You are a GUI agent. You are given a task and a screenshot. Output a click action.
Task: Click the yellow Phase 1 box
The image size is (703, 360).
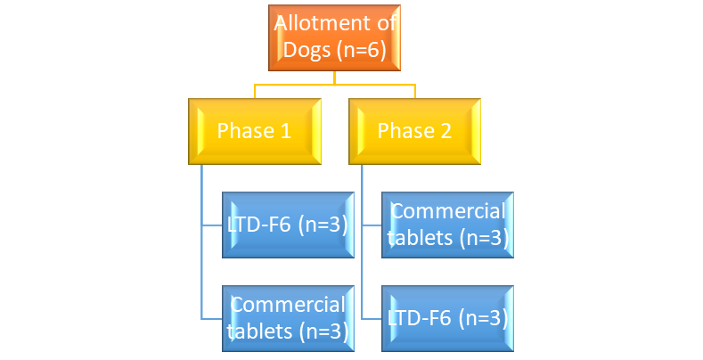coord(254,131)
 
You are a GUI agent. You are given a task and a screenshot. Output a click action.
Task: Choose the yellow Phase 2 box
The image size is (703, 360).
coord(414,131)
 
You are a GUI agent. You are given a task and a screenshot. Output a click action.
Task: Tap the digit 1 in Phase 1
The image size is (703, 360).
coord(286,131)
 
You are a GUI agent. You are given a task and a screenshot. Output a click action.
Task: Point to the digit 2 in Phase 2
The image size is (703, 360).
coord(446,131)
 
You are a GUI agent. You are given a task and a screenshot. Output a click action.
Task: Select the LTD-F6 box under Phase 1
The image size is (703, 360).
coord(285,225)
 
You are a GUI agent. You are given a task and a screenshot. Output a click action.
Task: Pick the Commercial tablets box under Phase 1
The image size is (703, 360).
coord(285,317)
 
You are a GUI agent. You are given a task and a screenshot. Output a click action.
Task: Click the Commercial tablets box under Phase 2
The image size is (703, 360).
coord(448,225)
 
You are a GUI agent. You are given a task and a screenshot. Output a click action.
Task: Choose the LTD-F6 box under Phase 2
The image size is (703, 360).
coord(448,317)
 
